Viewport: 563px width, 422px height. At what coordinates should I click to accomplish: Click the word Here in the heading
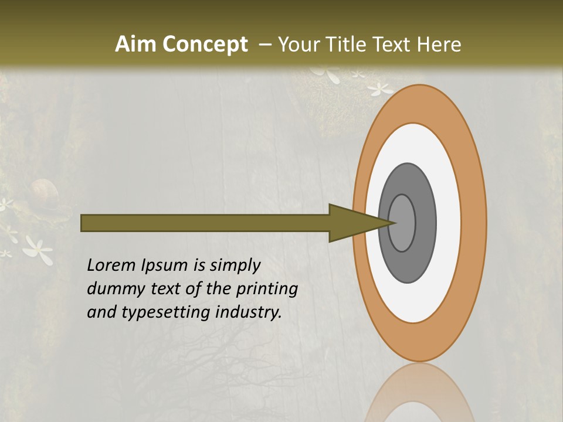(439, 45)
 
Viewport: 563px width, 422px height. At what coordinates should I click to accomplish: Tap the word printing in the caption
(267, 289)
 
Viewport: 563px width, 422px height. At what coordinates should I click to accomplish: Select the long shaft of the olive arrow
(205, 223)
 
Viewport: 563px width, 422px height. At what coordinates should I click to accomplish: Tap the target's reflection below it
(419, 393)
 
